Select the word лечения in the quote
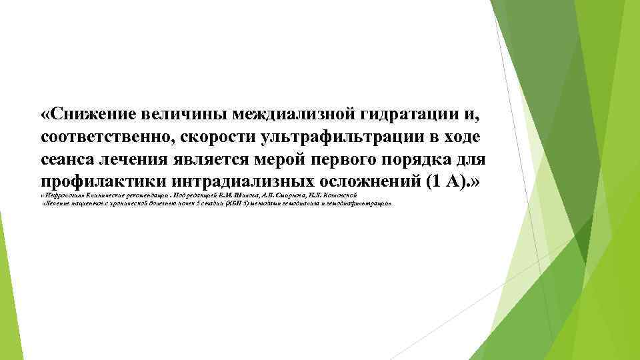tap(136, 159)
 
